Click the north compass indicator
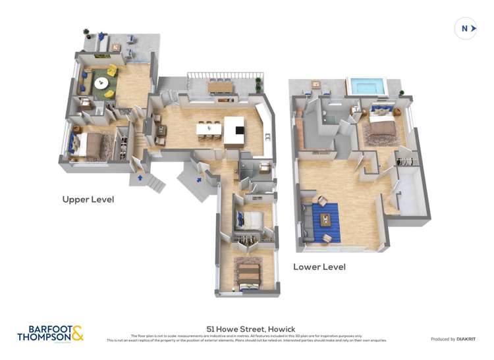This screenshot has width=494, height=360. pos(465,28)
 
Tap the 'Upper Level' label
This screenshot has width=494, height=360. pos(88,199)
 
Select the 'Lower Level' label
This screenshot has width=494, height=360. pos(319,267)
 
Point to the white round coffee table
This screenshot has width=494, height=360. pos(101,83)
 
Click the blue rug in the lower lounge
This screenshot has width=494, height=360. pos(325,220)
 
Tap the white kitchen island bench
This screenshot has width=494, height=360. pos(234,131)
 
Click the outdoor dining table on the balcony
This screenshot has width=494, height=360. pos(220,86)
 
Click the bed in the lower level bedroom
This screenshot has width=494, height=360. pos(381,132)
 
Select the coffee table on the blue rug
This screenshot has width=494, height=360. pos(324,218)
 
